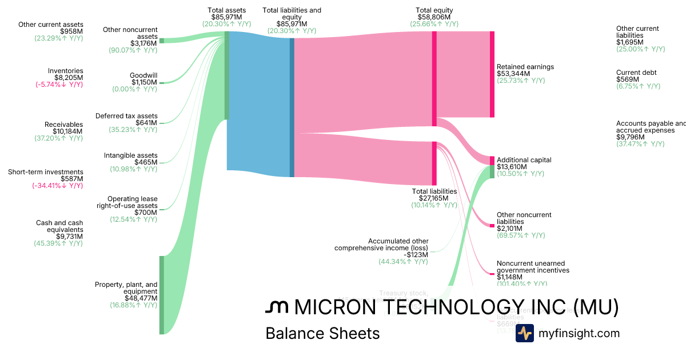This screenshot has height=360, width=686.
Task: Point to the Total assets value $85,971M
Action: [x=226, y=17]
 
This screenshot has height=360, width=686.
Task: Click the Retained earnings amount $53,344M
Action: [x=513, y=74]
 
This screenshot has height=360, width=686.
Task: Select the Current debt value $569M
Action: [x=627, y=79]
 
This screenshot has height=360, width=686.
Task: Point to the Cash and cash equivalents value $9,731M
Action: [x=69, y=237]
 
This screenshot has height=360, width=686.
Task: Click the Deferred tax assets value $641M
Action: [x=146, y=123]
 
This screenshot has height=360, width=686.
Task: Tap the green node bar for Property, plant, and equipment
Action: [x=162, y=294]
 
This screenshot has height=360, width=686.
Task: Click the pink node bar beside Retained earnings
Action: [x=492, y=74]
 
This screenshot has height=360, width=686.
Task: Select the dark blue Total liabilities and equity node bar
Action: [x=292, y=107]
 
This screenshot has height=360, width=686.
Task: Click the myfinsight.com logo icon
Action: [x=524, y=333]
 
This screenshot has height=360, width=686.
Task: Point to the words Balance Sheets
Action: [x=322, y=333]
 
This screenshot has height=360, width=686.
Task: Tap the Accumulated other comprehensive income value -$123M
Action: [x=416, y=255]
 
